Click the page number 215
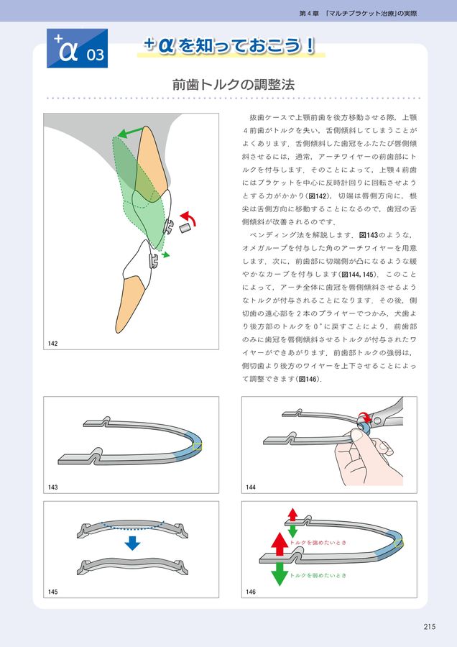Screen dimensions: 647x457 pos(429,626)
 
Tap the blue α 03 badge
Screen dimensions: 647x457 pos(77,48)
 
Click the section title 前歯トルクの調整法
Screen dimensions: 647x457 pos(233,84)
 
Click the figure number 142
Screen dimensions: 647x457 pos(53,344)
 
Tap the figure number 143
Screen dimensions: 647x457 pos(53,487)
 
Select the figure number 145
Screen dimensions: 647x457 pos(53,592)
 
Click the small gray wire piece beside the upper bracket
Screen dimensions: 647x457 pos(184,228)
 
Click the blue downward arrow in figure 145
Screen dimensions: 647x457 pos(131,543)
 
